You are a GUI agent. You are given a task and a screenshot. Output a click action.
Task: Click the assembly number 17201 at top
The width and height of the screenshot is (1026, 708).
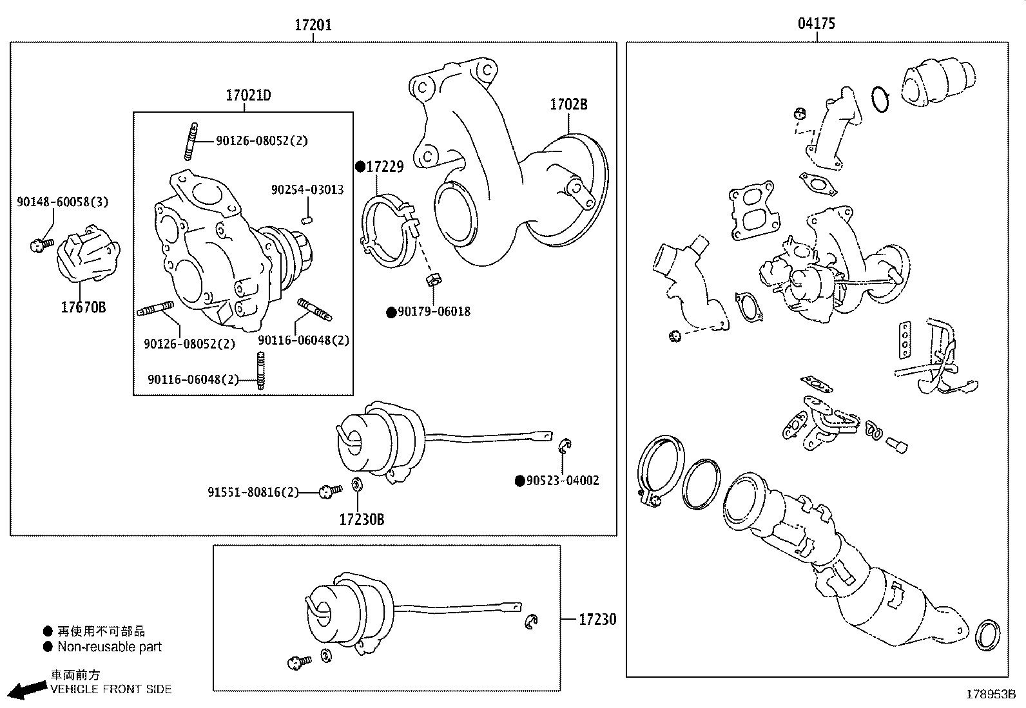coord(313,25)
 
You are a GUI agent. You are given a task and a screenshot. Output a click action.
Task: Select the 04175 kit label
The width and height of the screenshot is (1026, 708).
coord(816,24)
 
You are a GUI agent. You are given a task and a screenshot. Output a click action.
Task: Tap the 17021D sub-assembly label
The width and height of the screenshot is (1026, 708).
coord(248,96)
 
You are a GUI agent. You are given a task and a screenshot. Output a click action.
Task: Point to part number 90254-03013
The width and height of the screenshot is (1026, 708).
coord(307,190)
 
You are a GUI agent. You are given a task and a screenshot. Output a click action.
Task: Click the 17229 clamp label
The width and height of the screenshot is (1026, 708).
coord(384,167)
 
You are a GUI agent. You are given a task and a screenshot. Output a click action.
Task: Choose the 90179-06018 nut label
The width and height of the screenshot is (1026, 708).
coord(434,312)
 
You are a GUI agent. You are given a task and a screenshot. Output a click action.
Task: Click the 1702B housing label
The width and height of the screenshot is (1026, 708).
coord(568,104)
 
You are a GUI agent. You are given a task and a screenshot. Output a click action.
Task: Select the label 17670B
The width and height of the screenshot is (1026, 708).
coord(83,307)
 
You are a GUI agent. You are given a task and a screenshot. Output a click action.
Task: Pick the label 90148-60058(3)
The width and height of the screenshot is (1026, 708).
coord(63,202)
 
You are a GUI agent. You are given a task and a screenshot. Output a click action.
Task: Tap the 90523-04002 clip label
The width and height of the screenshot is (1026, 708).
coord(562,481)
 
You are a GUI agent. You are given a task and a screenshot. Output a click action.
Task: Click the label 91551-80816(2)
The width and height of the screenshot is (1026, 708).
coord(253,492)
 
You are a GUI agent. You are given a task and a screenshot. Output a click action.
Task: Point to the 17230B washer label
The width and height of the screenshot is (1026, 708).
coord(362,519)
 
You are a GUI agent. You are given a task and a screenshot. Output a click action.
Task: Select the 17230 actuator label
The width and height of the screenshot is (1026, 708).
coord(597,620)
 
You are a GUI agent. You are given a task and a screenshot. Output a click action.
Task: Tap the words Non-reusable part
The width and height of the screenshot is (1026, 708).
coord(110,647)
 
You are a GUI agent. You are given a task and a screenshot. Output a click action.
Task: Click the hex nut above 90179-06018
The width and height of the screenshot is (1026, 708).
coord(433,280)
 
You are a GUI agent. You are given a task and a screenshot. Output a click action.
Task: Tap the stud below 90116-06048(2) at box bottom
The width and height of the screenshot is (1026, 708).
coord(261,372)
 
